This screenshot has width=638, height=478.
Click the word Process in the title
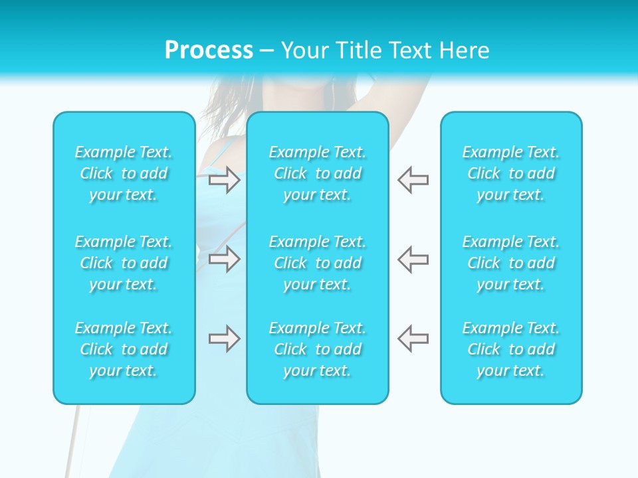point(209,50)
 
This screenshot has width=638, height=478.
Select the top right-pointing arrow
point(224,180)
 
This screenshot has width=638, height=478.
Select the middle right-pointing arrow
point(224,259)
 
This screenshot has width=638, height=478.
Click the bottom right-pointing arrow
point(224,339)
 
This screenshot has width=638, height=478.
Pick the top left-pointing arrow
point(413,180)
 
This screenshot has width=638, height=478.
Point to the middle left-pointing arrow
point(413,259)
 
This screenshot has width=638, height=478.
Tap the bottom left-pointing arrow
point(413,339)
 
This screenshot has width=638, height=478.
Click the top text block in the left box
point(124,173)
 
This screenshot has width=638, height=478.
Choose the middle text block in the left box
point(124,263)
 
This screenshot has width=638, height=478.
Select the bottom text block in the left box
point(124,349)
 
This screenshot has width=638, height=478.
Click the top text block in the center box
point(318,173)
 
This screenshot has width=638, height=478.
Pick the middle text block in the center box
point(318,263)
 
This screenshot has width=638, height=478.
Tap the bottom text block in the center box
point(318,349)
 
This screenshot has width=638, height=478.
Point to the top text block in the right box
point(511,173)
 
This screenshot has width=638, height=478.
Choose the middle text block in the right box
point(511,263)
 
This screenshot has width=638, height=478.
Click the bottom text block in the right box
point(511,349)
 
